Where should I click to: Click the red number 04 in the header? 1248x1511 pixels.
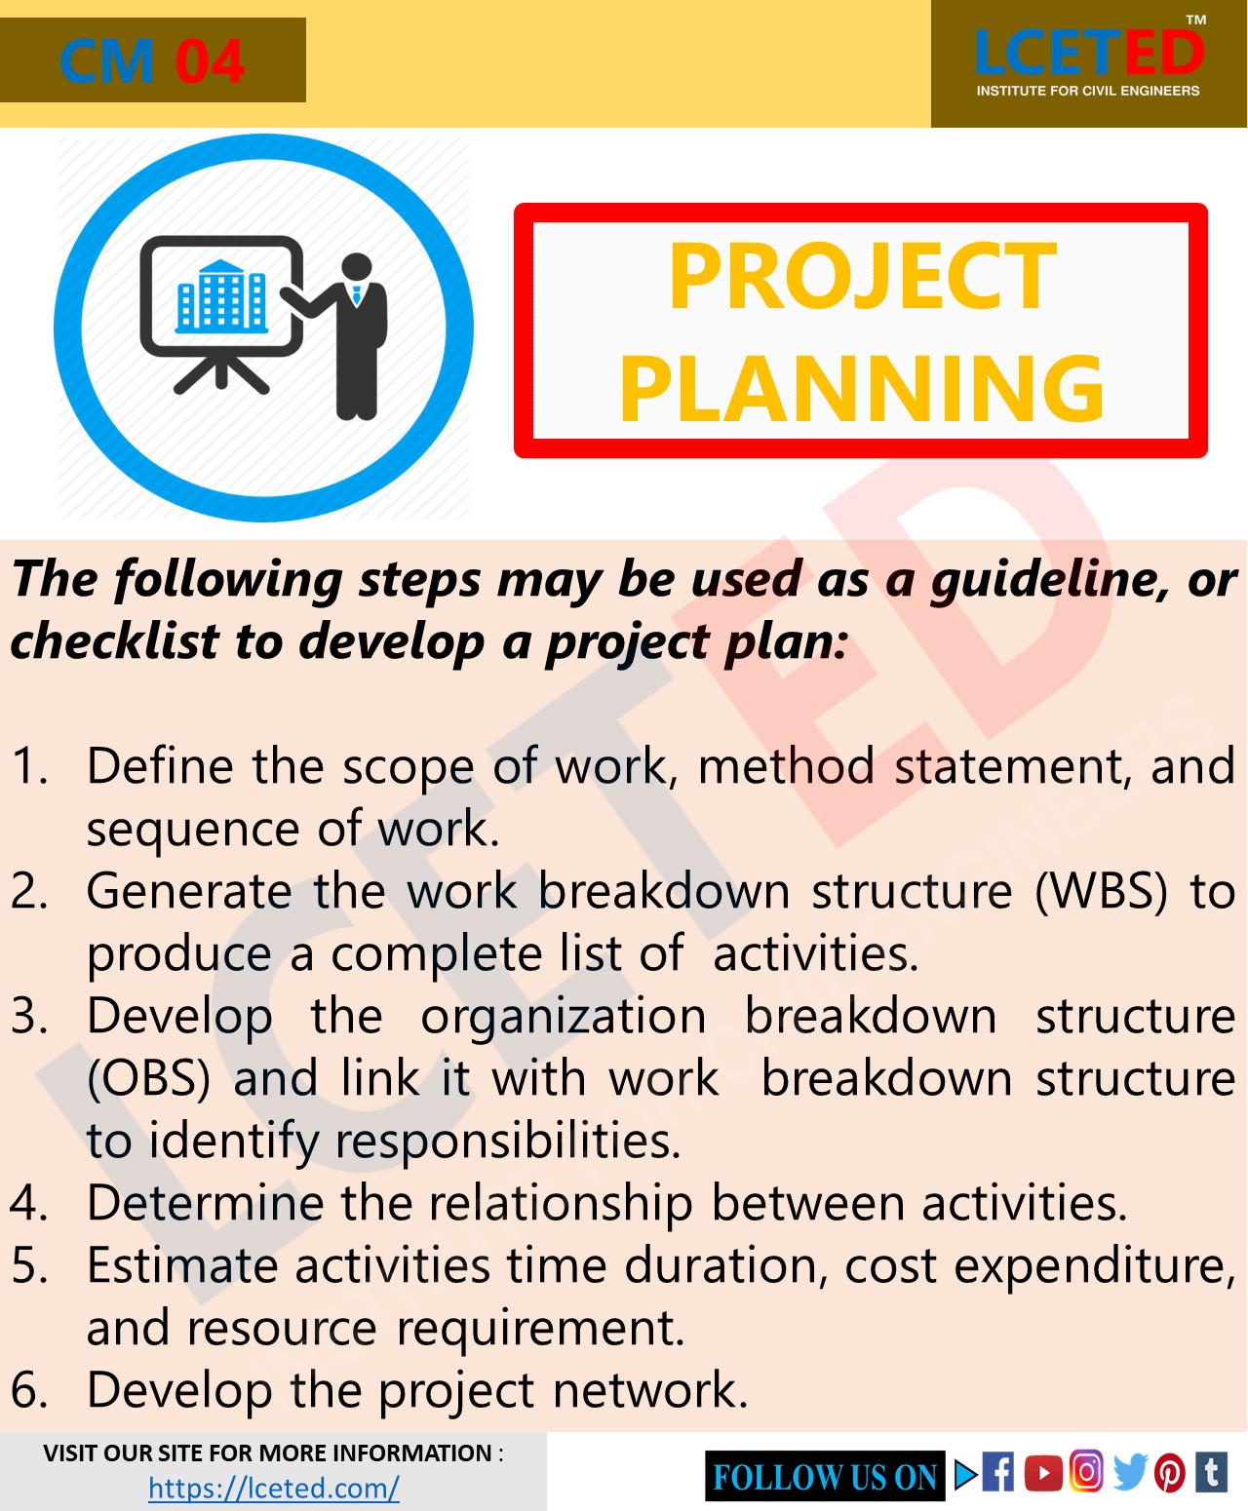[209, 61]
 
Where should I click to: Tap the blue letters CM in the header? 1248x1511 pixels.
[106, 61]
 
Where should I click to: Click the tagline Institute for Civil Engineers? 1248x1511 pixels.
[1088, 91]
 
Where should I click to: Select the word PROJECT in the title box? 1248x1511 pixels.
[862, 277]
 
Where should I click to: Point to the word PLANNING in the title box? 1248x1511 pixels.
[862, 389]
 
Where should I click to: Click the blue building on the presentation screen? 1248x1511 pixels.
[221, 296]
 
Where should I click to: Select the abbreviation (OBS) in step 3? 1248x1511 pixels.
[148, 1078]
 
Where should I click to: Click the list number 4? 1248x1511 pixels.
[29, 1203]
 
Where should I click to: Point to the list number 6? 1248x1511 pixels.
[29, 1390]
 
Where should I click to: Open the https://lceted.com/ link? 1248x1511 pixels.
[274, 1489]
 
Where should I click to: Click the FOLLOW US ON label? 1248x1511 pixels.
[825, 1477]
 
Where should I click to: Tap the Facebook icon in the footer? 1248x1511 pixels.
[997, 1472]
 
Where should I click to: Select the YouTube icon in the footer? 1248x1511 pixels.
[1043, 1472]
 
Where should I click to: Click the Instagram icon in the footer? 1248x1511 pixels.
[1086, 1471]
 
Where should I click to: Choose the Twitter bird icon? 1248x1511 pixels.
[1129, 1472]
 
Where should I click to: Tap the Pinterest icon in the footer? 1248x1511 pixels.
[1170, 1472]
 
